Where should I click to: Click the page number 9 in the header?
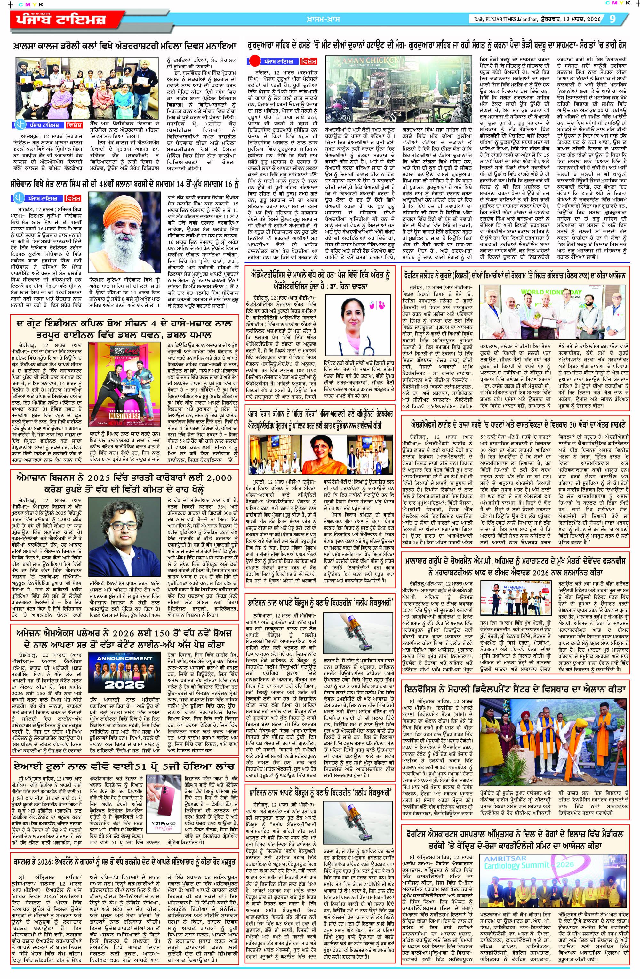(612, 19)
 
